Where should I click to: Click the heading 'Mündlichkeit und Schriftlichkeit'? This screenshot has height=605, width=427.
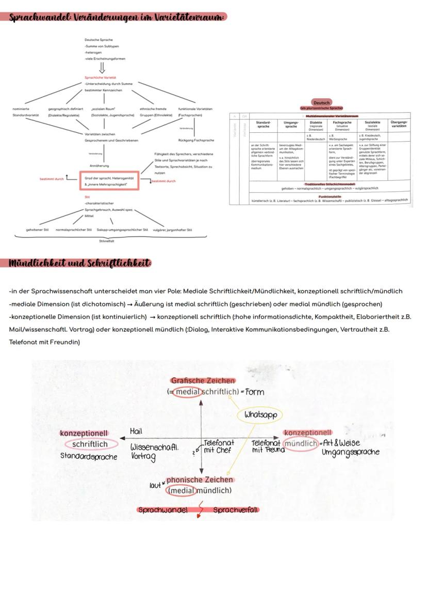79,263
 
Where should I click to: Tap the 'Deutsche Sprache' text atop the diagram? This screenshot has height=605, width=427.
98,40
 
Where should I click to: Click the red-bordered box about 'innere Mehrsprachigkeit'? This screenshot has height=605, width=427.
109,181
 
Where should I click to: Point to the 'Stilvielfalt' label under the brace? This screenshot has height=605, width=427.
107,241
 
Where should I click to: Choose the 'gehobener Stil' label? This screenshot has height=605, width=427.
37,230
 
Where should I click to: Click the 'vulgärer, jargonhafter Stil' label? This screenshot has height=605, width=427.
172,230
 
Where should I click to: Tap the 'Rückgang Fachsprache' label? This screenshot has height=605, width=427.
195,141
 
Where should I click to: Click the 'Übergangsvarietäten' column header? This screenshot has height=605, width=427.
399,124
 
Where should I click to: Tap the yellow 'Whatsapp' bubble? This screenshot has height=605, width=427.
260,414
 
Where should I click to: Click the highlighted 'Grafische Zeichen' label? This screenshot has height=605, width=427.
203,381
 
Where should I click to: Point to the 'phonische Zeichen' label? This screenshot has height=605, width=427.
199,479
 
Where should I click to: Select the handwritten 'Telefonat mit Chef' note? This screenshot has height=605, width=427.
218,446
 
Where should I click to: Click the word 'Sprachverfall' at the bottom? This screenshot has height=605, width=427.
235,510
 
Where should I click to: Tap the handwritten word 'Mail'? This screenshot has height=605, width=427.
136,431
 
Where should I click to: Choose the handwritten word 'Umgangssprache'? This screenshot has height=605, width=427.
350,452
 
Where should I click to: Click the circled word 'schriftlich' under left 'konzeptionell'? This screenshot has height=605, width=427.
90,444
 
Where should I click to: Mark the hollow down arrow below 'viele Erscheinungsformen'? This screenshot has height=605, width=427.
102,68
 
